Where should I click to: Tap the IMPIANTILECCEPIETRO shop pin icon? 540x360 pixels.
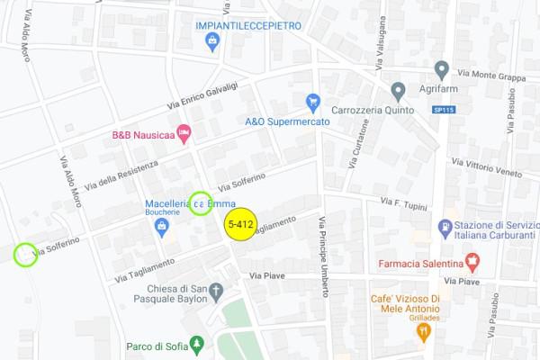(212, 40)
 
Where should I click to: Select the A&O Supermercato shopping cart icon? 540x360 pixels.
(313, 103)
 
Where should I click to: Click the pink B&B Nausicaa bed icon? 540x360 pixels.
(184, 134)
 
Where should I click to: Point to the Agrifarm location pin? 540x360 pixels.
(441, 69)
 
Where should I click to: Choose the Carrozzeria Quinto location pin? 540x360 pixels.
(398, 91)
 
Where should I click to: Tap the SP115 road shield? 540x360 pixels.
(444, 110)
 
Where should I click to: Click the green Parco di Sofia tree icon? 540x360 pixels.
(198, 344)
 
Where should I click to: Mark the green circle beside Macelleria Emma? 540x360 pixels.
(200, 203)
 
